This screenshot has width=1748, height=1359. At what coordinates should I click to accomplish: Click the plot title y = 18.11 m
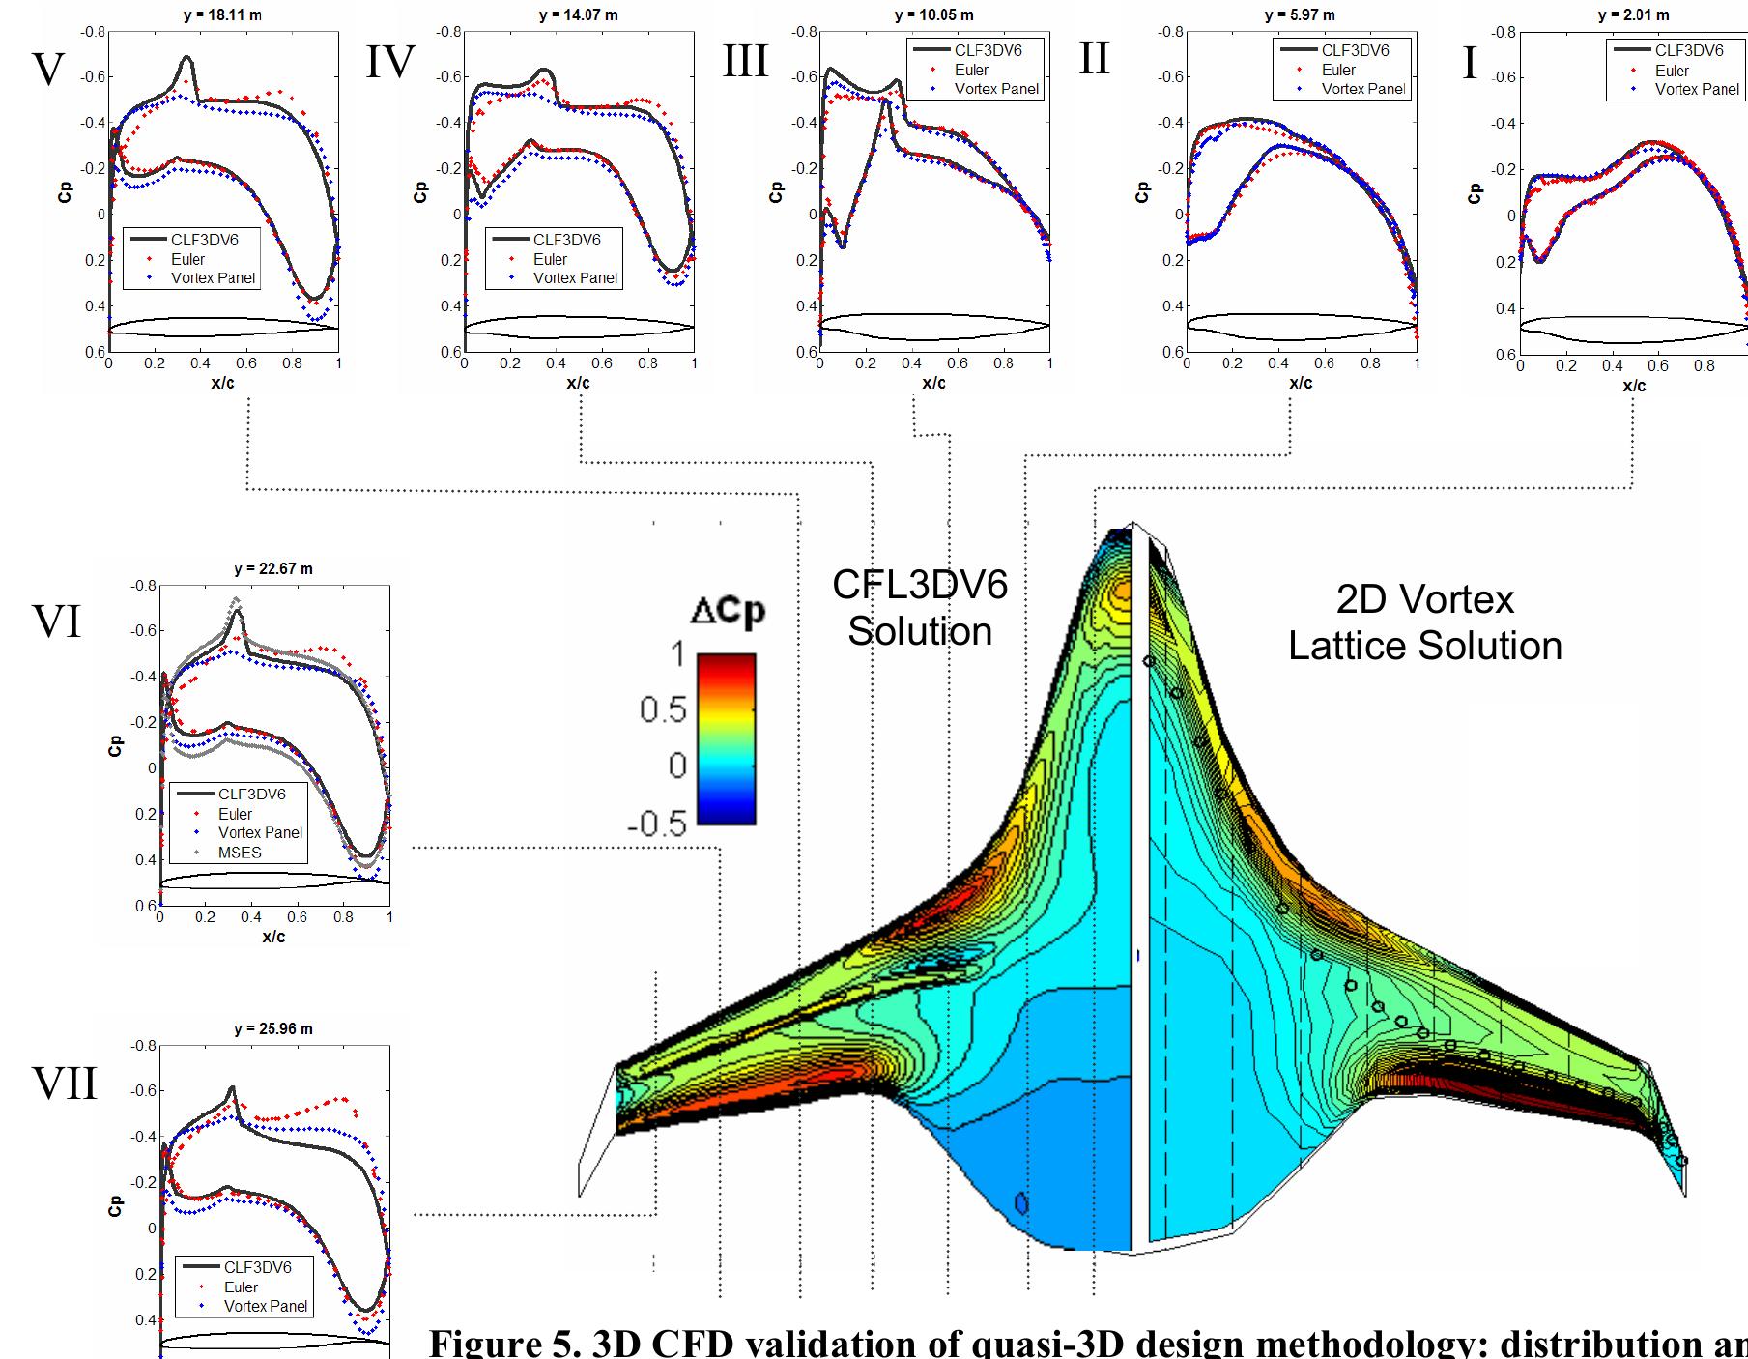(x=222, y=15)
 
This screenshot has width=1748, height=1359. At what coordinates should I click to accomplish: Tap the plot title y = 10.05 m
(x=933, y=15)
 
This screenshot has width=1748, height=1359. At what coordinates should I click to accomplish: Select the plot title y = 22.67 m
(x=273, y=569)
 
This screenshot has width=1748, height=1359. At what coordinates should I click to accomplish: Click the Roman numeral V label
(x=48, y=70)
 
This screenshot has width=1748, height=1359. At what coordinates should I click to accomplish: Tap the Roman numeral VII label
(x=65, y=1084)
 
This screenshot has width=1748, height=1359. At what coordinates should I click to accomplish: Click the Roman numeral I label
(x=1470, y=63)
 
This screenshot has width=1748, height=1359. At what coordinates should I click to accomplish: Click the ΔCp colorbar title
(x=727, y=613)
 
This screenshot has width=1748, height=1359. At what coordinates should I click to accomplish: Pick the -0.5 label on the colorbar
(x=657, y=824)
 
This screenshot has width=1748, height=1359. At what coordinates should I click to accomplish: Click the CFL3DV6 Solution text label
(x=920, y=608)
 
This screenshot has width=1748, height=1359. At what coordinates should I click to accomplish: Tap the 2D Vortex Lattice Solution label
(x=1425, y=622)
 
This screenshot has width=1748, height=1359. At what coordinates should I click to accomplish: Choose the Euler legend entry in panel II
(x=1338, y=70)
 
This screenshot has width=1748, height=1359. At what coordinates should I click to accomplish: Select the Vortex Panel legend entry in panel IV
(x=575, y=278)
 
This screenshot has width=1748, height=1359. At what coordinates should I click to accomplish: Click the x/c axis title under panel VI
(x=273, y=937)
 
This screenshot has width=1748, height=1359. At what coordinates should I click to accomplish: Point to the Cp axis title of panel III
(x=776, y=191)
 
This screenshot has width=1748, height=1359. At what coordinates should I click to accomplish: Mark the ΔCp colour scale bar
(x=726, y=738)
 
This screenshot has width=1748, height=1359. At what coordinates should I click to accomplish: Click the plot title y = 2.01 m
(x=1633, y=15)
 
